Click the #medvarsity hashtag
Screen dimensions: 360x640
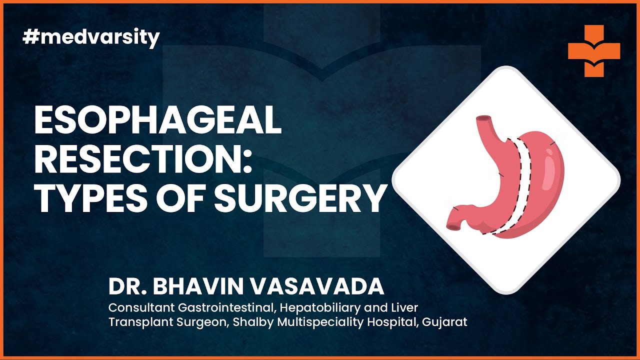tap(91, 38)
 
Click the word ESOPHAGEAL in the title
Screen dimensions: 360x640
tap(157, 121)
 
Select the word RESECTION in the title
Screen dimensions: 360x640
tap(142, 160)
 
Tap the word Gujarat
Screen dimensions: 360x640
tap(444, 322)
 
